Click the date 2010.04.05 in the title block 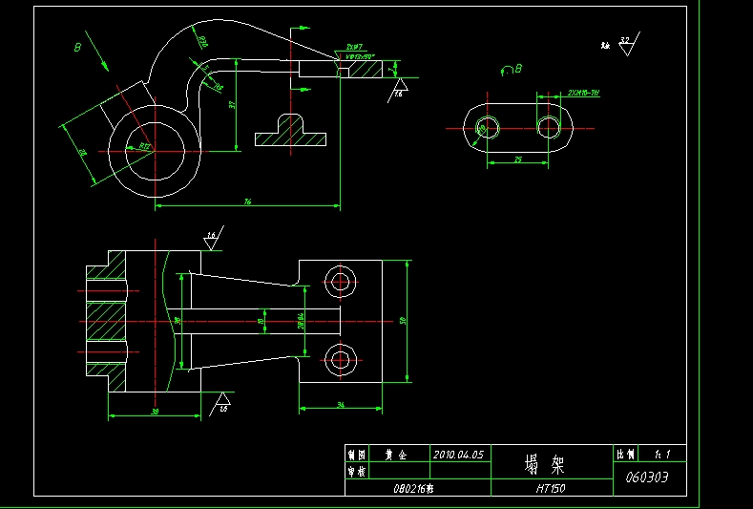pyautogui.click(x=459, y=455)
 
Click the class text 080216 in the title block pyautogui.click(x=413, y=487)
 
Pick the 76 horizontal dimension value pyautogui.click(x=247, y=201)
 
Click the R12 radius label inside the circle pyautogui.click(x=144, y=146)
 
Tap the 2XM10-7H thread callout pyautogui.click(x=582, y=93)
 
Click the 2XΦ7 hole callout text pyautogui.click(x=353, y=47)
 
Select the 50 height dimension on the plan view pyautogui.click(x=403, y=321)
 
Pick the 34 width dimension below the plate pyautogui.click(x=341, y=405)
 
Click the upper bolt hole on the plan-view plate pyautogui.click(x=341, y=280)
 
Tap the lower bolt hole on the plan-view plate pyautogui.click(x=341, y=360)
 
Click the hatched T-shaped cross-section pyautogui.click(x=290, y=131)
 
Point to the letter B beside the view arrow pyautogui.click(x=78, y=46)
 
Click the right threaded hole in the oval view pyautogui.click(x=549, y=127)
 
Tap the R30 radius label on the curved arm pyautogui.click(x=201, y=41)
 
